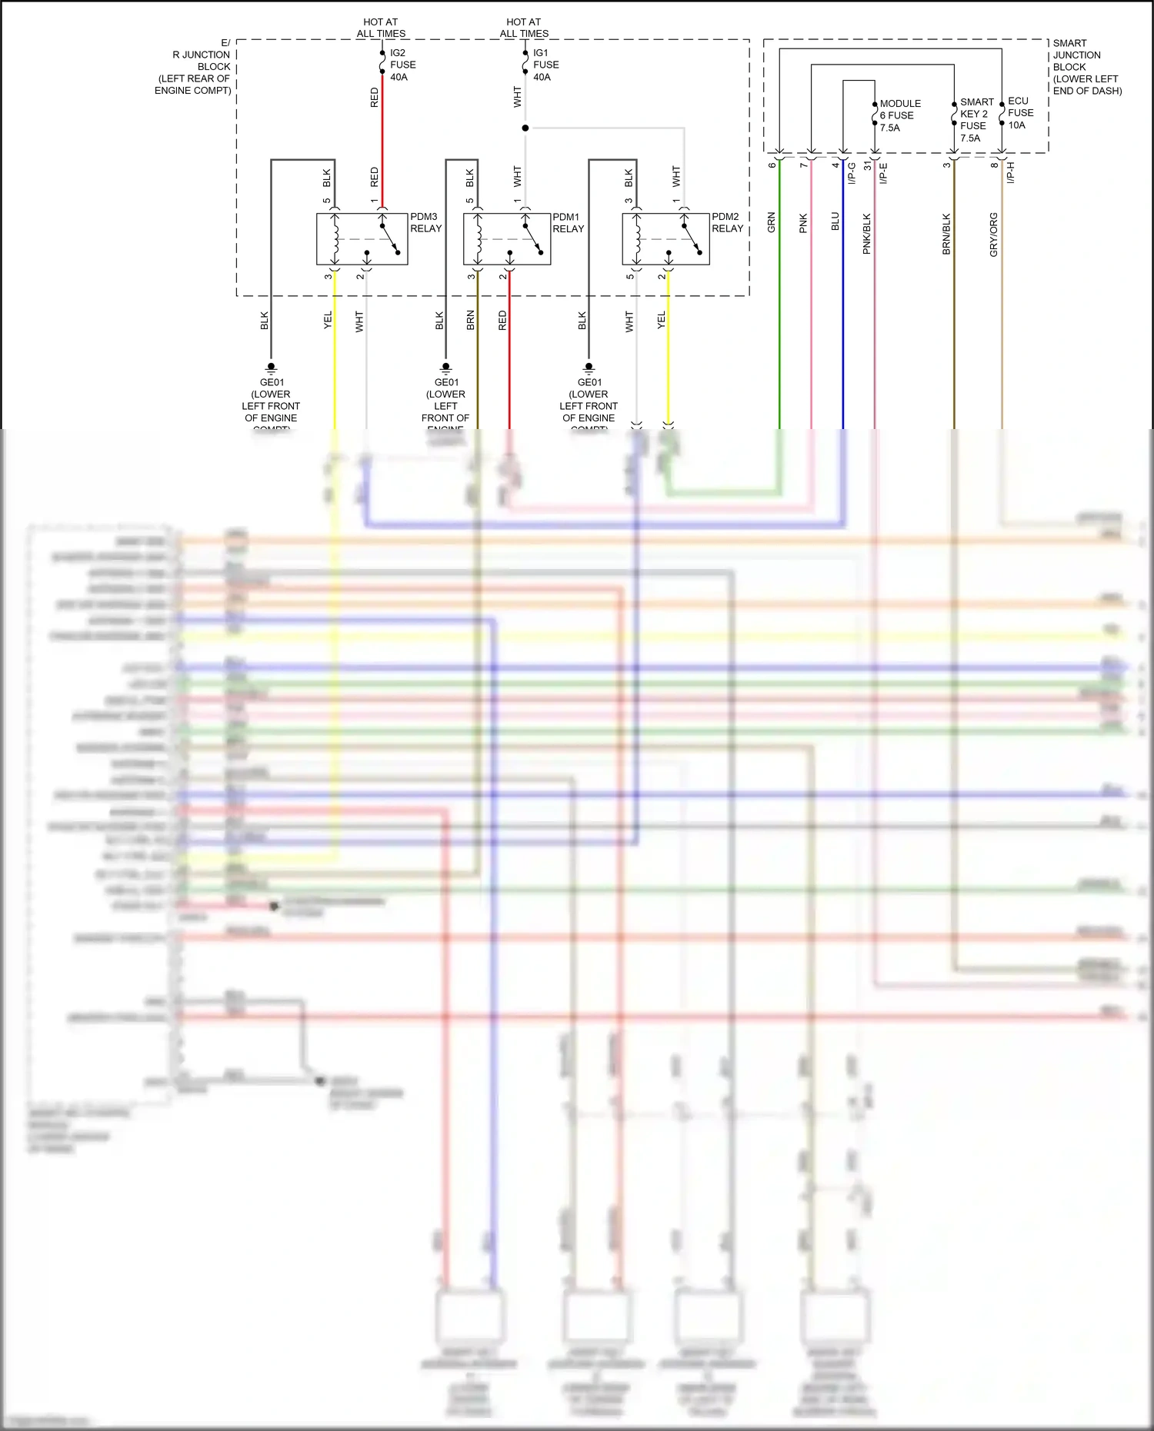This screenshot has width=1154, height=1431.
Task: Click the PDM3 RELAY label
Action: [x=425, y=223]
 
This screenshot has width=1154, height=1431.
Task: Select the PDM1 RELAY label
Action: [x=568, y=223]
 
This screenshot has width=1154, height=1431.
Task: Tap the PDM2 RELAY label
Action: [x=727, y=223]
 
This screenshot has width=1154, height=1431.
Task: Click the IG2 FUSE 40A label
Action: [x=402, y=65]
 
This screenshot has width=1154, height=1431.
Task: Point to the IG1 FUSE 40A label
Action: [x=545, y=65]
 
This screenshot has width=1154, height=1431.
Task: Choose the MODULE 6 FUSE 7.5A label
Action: [x=899, y=115]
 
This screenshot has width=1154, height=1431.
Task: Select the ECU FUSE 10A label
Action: [x=1020, y=113]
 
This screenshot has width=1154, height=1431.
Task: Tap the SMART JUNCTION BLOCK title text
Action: [x=1086, y=67]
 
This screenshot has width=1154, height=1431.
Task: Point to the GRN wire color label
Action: [x=771, y=223]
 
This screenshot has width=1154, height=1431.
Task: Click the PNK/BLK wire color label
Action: [x=867, y=234]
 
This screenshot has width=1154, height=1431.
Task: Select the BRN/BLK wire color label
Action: [x=946, y=234]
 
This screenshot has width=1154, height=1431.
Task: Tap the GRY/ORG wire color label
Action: [x=993, y=235]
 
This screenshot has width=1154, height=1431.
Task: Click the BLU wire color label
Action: [x=835, y=221]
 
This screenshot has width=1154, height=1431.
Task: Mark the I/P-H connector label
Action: [x=1011, y=172]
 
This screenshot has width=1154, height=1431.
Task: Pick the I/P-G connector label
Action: [x=852, y=173]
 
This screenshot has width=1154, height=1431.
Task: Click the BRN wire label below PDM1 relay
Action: [x=470, y=321]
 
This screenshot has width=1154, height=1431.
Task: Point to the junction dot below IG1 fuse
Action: [x=525, y=128]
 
